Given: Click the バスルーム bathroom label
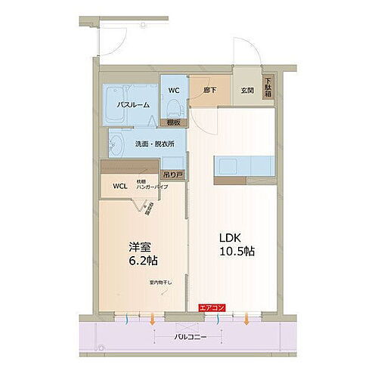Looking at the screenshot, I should [132, 105].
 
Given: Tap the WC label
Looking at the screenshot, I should [173, 91].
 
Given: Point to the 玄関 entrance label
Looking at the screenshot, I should [247, 91].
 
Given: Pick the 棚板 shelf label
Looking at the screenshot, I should [173, 121].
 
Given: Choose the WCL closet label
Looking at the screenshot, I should [120, 187].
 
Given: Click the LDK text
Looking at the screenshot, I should [234, 236].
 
